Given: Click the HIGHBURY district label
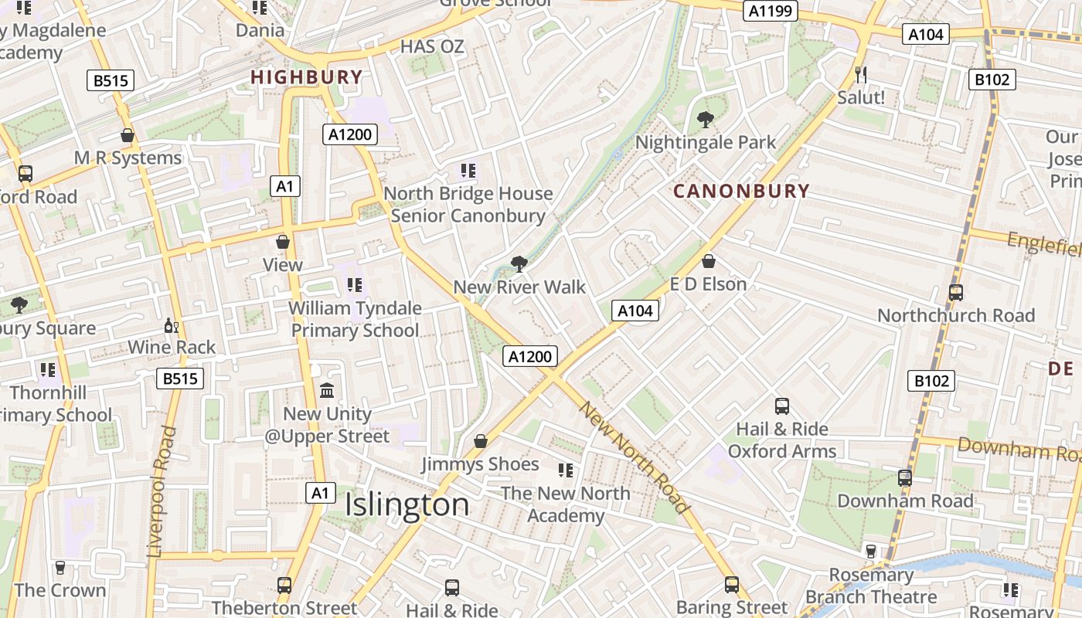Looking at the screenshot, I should pos(307,77).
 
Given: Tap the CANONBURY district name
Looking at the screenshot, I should pos(741,191).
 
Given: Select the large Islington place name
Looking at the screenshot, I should pos(407,504).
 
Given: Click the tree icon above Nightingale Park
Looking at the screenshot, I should pos(705,119).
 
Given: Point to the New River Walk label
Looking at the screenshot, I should pos(519,287).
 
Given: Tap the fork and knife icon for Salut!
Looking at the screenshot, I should pos(861,75).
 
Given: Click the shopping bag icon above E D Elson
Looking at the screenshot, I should pos(708,261).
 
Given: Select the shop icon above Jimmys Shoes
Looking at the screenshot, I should pos(481,441).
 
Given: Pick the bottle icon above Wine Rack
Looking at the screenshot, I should pos(172,326).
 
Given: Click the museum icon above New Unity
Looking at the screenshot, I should pos(327,391).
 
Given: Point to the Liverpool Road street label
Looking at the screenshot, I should pos(162,492).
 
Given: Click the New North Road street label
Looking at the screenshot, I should pos(634,457).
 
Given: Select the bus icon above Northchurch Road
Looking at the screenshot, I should pos(956,293).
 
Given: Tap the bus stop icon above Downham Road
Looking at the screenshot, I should pos(905,478).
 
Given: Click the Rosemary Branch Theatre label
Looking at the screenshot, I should pos(871,586).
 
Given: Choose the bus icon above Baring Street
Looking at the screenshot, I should pos(732,585).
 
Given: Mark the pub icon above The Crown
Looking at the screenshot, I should pos(60,568).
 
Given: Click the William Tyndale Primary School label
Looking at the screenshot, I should pos(355,319).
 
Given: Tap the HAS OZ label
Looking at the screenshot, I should pos(432,47).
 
